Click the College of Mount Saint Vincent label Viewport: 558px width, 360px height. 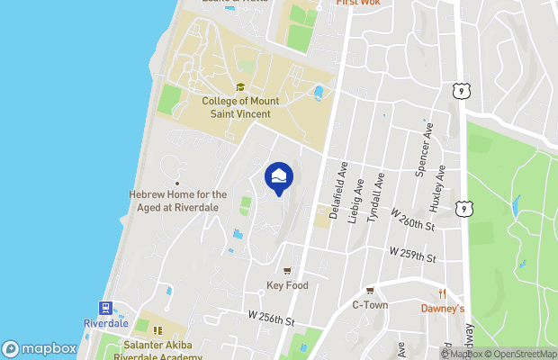point(240,108)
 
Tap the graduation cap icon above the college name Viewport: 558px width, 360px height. point(240,87)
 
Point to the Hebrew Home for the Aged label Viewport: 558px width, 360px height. point(178,199)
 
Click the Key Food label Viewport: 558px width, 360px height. point(287,285)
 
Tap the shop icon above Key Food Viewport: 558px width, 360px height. point(287,271)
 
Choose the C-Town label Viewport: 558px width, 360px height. point(369,304)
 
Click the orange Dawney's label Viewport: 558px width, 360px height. point(443,308)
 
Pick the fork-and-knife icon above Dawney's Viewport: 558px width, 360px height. point(443,293)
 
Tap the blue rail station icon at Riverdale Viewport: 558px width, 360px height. point(106,308)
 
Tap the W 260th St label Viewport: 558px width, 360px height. point(413,220)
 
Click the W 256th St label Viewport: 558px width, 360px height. point(272,318)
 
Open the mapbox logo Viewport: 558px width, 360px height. point(40,348)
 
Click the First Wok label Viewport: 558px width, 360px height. point(356,3)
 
